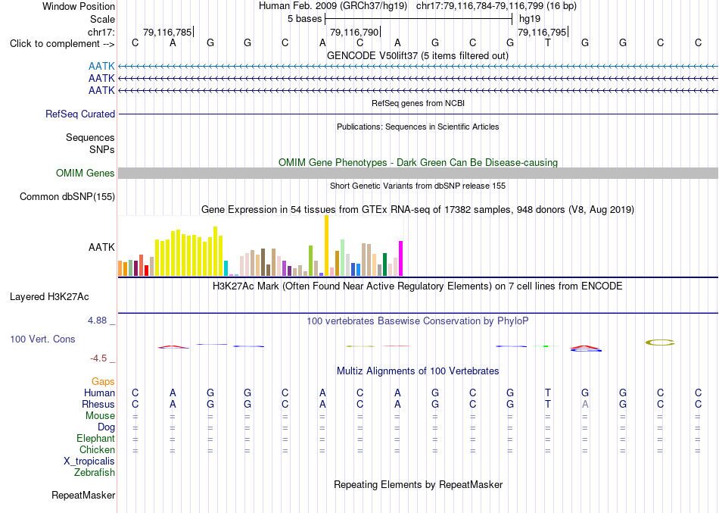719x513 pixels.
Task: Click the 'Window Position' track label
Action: coord(79,6)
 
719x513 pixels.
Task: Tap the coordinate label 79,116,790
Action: coord(354,32)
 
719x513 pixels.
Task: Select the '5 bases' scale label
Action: coord(304,19)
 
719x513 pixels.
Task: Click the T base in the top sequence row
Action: coord(547,42)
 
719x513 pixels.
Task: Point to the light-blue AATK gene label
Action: coord(101,67)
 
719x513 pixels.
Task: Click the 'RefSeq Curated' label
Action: coord(80,114)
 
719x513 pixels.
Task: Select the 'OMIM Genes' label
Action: coord(86,173)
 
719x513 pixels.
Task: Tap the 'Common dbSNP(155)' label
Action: coord(67,196)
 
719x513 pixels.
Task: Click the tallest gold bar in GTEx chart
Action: coord(326,246)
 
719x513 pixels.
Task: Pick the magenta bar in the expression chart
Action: coord(401,258)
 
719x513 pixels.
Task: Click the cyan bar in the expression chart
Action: coord(226,268)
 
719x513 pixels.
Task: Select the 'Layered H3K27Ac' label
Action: coord(49,297)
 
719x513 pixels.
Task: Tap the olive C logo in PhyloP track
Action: coord(660,343)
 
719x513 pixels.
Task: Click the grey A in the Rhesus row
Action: coord(585,404)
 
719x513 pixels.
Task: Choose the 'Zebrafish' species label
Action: coord(95,472)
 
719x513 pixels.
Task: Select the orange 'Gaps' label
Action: coord(103,382)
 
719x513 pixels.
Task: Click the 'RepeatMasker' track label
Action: coord(83,495)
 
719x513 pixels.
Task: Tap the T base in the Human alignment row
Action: coord(547,393)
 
